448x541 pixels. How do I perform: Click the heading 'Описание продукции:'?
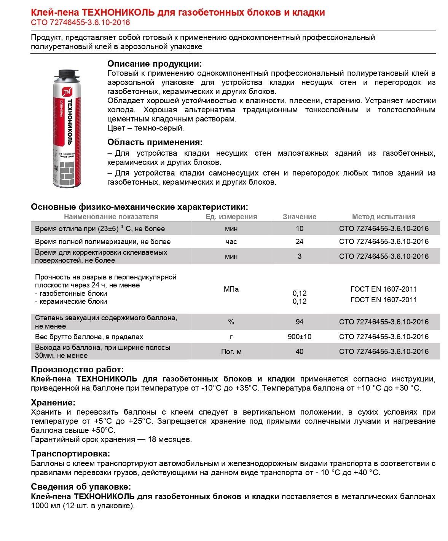(x=154, y=64)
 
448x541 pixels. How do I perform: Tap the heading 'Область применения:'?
(x=155, y=142)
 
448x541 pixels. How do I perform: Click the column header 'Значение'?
(x=299, y=217)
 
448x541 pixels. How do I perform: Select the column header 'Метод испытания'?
(x=383, y=217)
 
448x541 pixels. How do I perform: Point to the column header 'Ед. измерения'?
(x=231, y=217)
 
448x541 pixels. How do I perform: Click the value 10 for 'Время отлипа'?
(x=299, y=228)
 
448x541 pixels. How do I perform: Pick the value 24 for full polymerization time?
(x=299, y=241)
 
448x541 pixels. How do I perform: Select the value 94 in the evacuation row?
(x=299, y=322)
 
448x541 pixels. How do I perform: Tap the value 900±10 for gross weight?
(x=299, y=337)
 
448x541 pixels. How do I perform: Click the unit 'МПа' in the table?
(x=231, y=289)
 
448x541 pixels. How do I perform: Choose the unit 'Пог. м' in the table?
(x=231, y=351)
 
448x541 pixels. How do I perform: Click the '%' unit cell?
(x=231, y=322)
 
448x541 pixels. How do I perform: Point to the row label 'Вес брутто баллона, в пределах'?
(x=89, y=337)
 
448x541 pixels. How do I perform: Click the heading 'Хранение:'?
(x=53, y=402)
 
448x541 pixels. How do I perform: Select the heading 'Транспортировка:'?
(x=70, y=453)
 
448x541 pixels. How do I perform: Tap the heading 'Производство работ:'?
(x=77, y=369)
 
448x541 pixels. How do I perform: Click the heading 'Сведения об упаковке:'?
(x=81, y=487)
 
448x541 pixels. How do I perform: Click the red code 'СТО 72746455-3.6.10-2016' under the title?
(x=80, y=22)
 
